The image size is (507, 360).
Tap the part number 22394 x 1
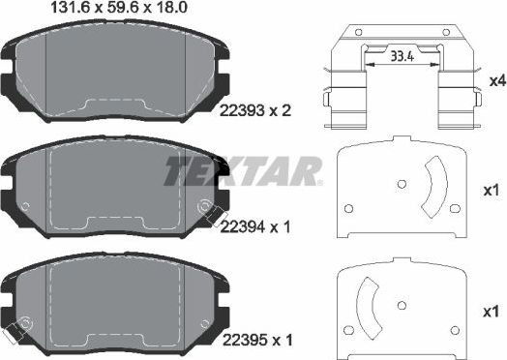coord(255,227)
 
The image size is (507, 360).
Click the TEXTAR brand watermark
coord(242,171)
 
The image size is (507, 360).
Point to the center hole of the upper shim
coord(400,182)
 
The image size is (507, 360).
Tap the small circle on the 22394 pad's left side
coord(26,205)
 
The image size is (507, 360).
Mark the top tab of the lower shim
coord(399,264)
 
